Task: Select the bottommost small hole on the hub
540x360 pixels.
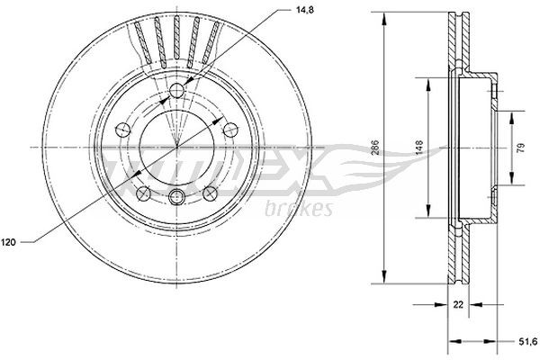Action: tap(177, 197)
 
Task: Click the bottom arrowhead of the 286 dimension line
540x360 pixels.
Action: tap(384, 275)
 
